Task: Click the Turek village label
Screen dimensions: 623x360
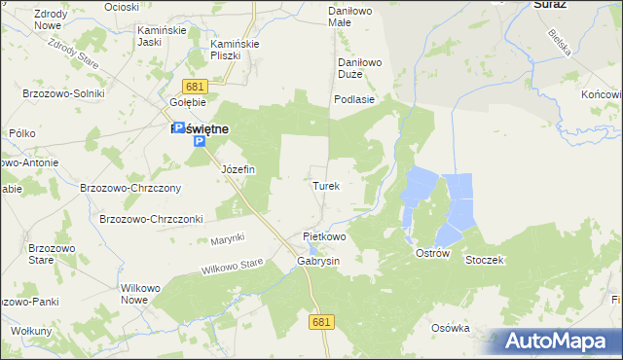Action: [326, 185]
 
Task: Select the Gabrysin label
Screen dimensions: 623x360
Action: [317, 262]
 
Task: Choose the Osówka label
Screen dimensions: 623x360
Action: [450, 328]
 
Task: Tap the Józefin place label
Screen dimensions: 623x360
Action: [238, 169]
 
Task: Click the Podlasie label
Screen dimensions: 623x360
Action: [354, 99]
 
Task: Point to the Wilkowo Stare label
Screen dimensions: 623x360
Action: [233, 265]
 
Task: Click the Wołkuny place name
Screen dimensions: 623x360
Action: [32, 332]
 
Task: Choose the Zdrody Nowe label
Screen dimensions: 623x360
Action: [29, 20]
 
